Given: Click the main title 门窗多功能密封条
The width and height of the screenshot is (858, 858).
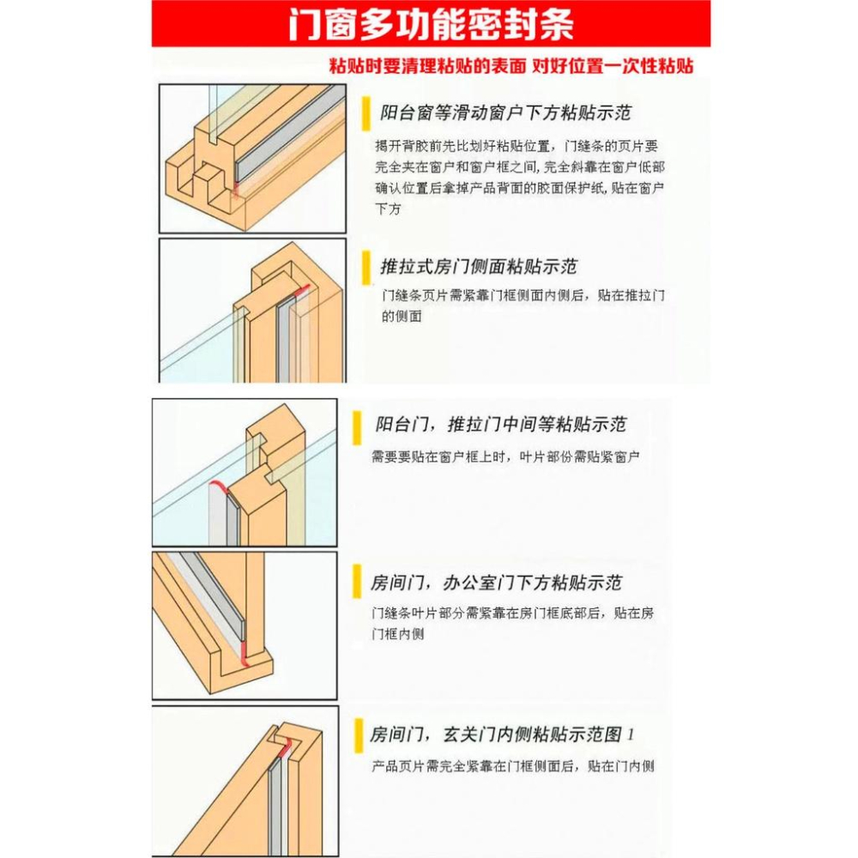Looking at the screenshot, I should tap(431, 25).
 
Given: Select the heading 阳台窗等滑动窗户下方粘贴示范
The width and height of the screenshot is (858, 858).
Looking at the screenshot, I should tap(511, 113).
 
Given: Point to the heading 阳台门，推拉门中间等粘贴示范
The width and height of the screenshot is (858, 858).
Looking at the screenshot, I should tap(500, 425).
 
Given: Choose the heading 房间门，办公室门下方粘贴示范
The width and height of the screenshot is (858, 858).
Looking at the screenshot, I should tap(496, 583).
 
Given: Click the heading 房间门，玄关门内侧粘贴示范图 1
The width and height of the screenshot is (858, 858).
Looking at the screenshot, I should tap(502, 735).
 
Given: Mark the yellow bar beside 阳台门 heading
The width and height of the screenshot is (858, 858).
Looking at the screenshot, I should tap(358, 425).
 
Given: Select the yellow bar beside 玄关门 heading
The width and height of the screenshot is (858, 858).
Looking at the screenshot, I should tap(358, 735).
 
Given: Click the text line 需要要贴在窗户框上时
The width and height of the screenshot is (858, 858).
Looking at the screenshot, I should tap(506, 457).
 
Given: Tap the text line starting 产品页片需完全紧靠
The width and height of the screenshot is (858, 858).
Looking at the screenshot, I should tap(513, 766).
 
